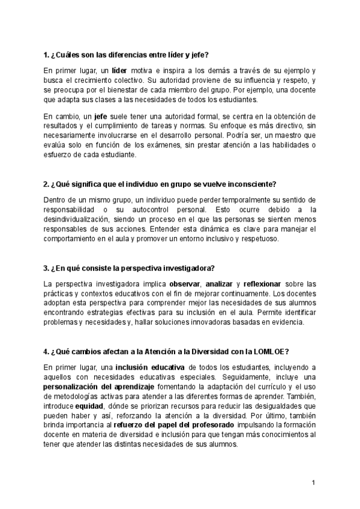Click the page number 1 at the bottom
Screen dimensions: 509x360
pyautogui.click(x=313, y=483)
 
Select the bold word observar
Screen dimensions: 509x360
pyautogui.click(x=184, y=283)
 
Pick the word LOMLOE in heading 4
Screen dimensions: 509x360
pyautogui.click(x=273, y=351)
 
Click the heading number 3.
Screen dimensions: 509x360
pyautogui.click(x=46, y=267)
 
